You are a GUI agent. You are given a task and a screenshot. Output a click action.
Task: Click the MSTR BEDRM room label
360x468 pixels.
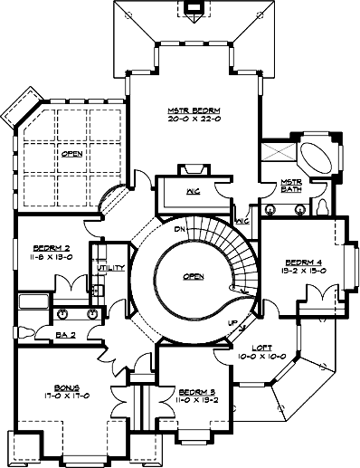[x=194, y=110]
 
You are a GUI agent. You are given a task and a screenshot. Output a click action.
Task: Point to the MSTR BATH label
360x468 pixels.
[x=291, y=185]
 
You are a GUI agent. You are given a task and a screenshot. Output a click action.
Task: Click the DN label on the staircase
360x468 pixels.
[x=181, y=229]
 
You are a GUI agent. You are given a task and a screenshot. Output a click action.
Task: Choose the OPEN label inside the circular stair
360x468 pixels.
[x=192, y=278]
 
